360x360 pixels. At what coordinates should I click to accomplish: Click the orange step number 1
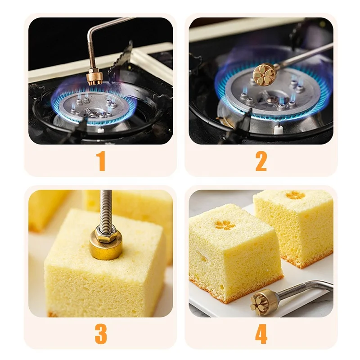[x=101, y=162]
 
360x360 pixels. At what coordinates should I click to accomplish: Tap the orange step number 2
[x=261, y=162]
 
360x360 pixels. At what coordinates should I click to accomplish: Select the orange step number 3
[x=101, y=334]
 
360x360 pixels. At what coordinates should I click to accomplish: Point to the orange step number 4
[x=261, y=334]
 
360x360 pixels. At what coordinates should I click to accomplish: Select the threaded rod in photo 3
[x=106, y=207]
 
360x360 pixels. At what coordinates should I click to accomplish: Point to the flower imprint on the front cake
[x=225, y=225]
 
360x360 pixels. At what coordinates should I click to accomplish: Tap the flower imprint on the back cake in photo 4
[x=295, y=195]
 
